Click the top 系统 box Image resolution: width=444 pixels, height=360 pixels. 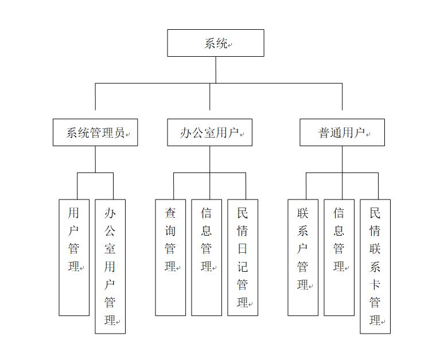(216, 43)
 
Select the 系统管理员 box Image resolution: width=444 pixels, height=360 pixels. (95, 132)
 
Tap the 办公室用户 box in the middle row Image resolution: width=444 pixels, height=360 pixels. (209, 132)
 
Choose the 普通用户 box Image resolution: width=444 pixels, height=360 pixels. (342, 132)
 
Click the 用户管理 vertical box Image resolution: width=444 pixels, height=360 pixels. (74, 257)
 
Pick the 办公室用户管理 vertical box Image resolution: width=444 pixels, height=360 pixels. (110, 267)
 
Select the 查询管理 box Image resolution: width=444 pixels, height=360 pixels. (170, 257)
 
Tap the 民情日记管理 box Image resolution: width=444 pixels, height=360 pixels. (243, 257)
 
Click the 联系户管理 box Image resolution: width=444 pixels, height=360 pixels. (303, 257)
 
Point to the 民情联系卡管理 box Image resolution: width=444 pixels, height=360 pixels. (375, 267)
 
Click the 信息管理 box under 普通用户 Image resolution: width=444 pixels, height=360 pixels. (339, 257)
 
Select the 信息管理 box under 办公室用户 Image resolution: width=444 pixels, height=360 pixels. (207, 257)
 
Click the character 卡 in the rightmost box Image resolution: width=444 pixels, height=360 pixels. (375, 284)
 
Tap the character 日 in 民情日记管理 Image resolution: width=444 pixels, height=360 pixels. (243, 249)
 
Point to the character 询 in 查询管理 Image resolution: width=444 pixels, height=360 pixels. (170, 231)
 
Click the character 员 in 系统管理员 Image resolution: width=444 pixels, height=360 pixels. (119, 132)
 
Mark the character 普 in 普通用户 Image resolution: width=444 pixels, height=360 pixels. (324, 132)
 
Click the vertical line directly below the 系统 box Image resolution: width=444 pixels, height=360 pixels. (216, 70)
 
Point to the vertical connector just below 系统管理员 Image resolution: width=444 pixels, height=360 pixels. (95, 159)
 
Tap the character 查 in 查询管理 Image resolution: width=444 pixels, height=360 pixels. (170, 213)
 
